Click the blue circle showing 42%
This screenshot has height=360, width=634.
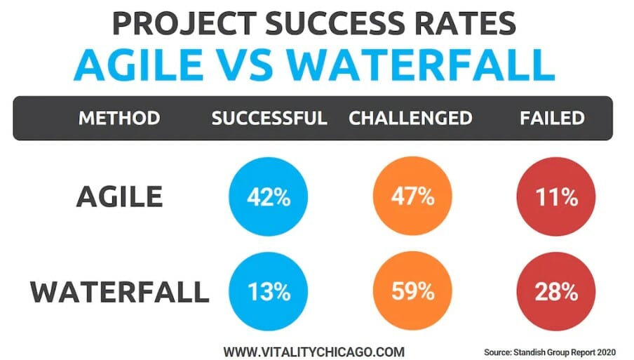(269, 196)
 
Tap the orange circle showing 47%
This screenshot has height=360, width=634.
(412, 196)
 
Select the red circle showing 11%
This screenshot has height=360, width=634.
(556, 196)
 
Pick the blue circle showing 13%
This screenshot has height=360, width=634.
(269, 291)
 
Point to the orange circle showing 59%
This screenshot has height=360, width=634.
(412, 291)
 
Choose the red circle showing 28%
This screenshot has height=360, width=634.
(556, 291)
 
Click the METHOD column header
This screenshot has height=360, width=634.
(119, 118)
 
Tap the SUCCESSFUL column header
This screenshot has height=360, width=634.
(269, 118)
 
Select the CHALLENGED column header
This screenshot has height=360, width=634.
(410, 118)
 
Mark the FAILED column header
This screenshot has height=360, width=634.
(553, 118)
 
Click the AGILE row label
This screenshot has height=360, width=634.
(119, 196)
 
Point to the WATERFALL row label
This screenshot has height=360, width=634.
(120, 292)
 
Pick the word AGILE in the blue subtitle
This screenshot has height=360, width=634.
(139, 65)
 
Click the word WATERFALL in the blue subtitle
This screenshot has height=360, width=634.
(421, 65)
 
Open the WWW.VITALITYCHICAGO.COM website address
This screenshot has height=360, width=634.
(313, 352)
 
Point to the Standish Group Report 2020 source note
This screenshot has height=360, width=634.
(550, 352)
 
